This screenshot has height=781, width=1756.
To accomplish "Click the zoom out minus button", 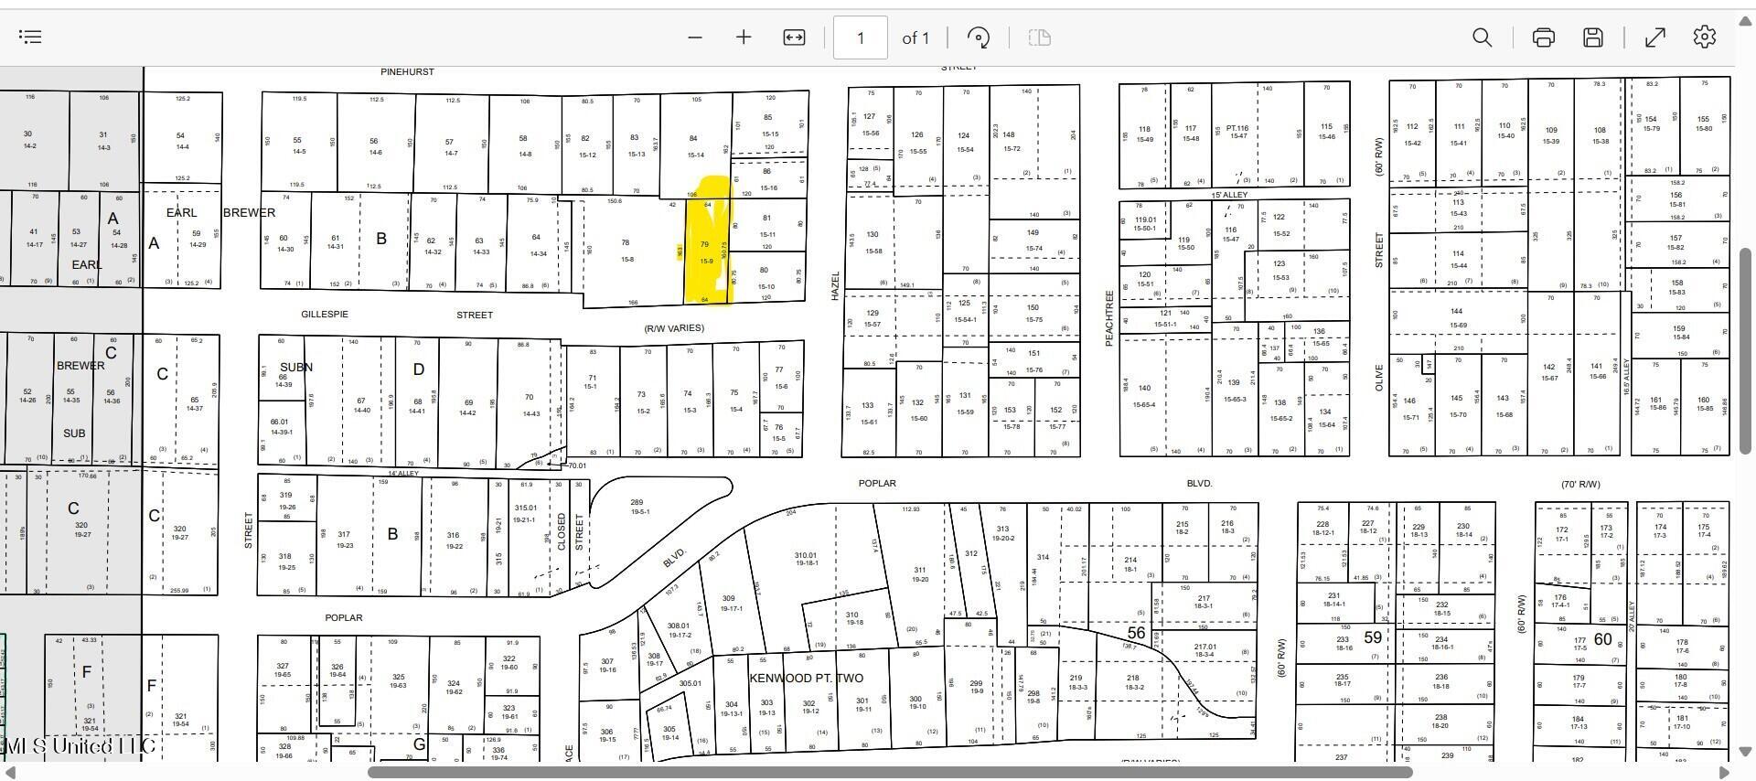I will (695, 37).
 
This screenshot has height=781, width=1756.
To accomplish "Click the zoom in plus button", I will (744, 37).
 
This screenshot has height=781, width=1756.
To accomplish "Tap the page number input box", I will (860, 37).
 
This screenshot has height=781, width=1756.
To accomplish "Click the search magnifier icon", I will (1482, 37).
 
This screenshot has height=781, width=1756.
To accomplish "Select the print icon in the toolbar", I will (1544, 37).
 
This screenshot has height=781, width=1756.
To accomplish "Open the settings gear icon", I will (1704, 37).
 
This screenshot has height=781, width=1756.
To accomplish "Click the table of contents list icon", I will (30, 37).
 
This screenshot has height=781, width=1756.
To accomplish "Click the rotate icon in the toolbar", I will (978, 37).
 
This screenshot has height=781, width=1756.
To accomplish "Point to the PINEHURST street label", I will (407, 71).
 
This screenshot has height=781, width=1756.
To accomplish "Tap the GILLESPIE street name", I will (325, 315).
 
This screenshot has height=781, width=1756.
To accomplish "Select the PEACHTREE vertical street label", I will (1108, 318).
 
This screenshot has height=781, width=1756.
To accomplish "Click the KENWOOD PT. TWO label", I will (806, 678).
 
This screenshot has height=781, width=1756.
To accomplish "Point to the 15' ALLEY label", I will (1229, 195).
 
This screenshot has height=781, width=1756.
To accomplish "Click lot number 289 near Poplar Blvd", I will (637, 502).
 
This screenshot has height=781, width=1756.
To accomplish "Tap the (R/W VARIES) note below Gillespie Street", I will (674, 328).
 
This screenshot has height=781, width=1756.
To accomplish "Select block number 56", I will (1136, 633).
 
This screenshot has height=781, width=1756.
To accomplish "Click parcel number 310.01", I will (806, 555).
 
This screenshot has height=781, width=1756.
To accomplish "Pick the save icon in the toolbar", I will (1593, 37).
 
